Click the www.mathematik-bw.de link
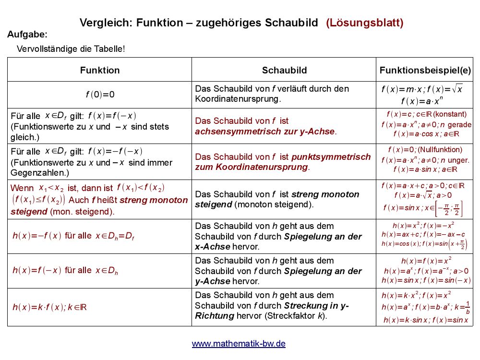click(x=239, y=344)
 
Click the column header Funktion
click(x=100, y=70)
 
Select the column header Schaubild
click(x=284, y=70)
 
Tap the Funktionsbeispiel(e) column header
click(x=425, y=70)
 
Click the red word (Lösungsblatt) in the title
click(x=365, y=23)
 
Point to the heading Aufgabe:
click(x=27, y=34)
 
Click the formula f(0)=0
click(x=100, y=95)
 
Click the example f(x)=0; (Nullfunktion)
click(x=425, y=150)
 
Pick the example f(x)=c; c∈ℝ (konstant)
click(x=426, y=114)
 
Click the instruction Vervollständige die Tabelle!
click(x=71, y=49)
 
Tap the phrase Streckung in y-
click(x=316, y=305)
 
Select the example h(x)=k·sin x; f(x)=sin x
click(x=425, y=320)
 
